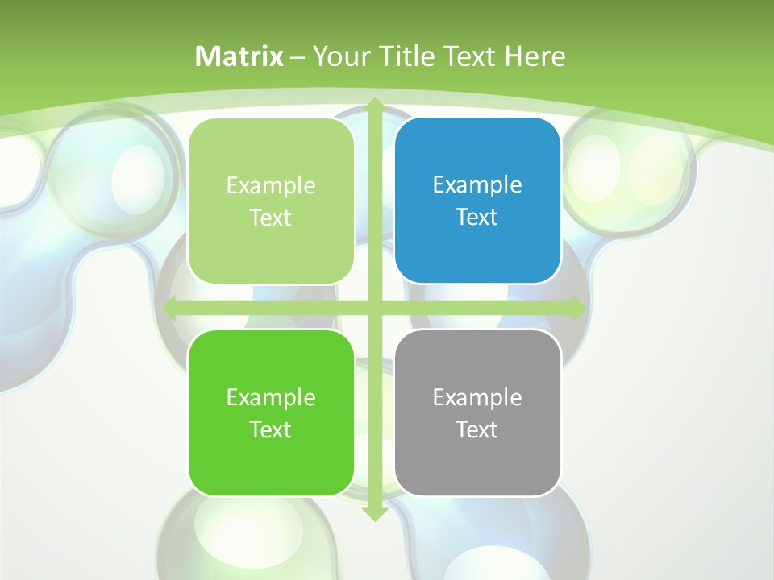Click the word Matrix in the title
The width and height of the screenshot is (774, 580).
click(239, 56)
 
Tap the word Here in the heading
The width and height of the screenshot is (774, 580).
click(535, 56)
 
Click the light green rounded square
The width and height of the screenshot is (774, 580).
click(271, 201)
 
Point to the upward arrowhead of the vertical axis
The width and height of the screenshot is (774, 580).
click(375, 105)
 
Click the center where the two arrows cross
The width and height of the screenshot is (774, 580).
click(375, 308)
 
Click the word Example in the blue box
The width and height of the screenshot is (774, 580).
click(477, 184)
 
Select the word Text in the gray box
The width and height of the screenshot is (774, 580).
click(477, 429)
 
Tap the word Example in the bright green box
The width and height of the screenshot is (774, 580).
click(271, 397)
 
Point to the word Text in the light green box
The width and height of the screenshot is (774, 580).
click(271, 217)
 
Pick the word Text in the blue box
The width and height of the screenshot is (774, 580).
click(477, 217)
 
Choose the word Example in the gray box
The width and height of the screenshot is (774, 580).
click(477, 397)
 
